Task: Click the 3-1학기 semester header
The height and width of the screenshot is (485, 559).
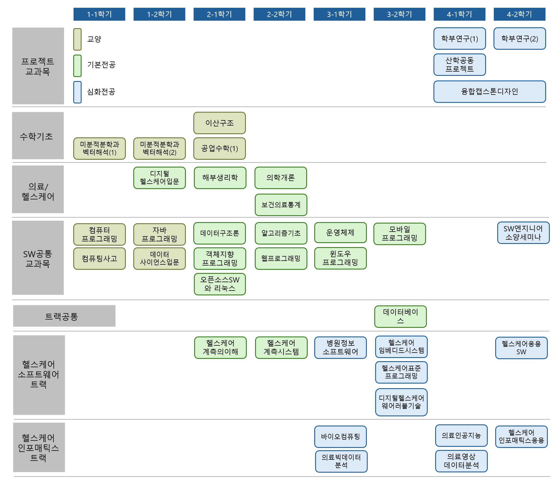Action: (x=339, y=14)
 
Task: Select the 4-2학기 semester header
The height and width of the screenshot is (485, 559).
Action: (x=519, y=14)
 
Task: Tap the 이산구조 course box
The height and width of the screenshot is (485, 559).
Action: (x=219, y=123)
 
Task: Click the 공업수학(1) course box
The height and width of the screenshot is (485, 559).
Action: (x=219, y=149)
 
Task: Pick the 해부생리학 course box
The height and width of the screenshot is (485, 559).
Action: (x=220, y=178)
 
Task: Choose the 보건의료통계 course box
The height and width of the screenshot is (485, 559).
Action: (x=281, y=205)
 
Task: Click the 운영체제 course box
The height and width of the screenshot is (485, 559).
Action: (x=340, y=232)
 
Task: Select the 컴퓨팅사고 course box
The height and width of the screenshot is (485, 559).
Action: (x=99, y=259)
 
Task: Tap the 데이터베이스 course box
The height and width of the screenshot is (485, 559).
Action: (x=400, y=316)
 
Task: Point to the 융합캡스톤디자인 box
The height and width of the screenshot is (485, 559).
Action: (x=489, y=92)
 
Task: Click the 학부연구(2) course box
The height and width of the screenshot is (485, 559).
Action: (x=520, y=39)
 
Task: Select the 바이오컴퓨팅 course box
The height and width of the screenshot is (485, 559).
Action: (x=340, y=437)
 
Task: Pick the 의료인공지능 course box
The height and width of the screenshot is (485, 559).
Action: (x=461, y=436)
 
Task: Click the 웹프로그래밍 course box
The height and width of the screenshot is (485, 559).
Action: (x=281, y=259)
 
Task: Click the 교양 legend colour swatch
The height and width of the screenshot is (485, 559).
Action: (x=77, y=39)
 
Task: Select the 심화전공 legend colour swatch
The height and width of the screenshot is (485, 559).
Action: (x=77, y=92)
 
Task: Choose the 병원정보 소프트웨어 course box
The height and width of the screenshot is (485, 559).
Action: (x=340, y=348)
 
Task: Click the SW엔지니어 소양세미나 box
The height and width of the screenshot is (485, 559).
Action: (x=523, y=233)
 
